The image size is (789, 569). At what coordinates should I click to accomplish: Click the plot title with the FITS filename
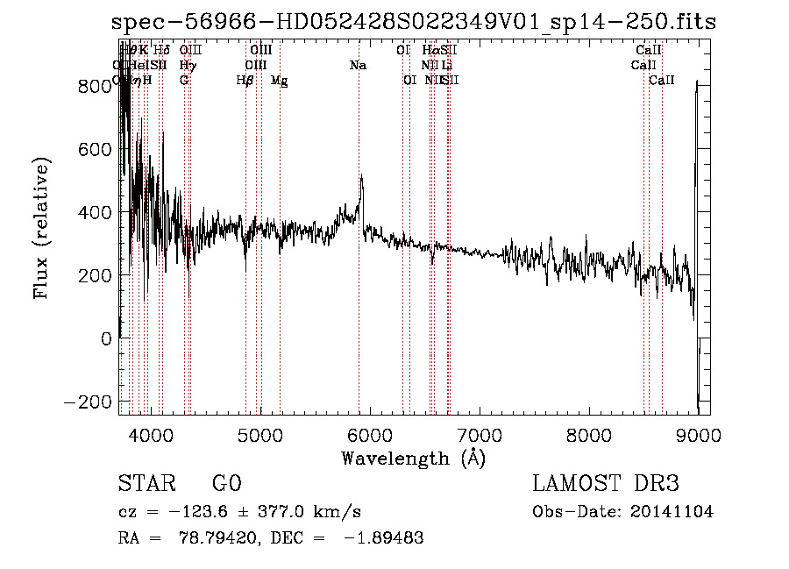411,23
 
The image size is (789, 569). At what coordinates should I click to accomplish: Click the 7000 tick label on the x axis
479,434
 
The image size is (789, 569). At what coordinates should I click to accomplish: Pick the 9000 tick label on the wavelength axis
698,434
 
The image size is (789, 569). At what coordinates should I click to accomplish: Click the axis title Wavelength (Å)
413,458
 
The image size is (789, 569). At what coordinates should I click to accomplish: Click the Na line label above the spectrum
358,65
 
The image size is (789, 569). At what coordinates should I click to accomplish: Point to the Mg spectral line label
279,81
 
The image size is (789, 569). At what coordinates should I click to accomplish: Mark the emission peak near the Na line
361,177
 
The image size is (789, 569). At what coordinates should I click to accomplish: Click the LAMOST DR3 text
605,484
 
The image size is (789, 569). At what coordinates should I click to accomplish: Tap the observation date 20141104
674,512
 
